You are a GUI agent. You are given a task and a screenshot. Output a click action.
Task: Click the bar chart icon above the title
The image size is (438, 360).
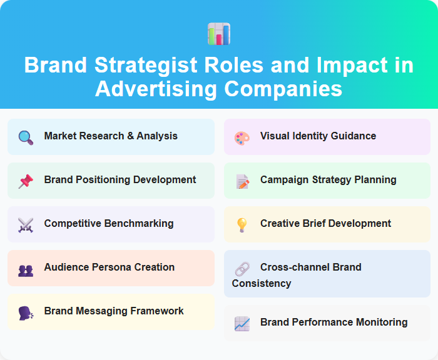point(219,34)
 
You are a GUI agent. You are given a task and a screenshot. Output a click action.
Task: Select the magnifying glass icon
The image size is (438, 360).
point(26,137)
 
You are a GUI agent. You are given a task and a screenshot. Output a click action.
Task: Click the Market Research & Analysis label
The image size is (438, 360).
point(111,136)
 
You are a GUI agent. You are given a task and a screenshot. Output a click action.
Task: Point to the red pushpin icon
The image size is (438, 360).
point(26,181)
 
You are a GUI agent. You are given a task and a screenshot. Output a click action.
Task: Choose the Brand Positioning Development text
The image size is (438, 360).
point(120,180)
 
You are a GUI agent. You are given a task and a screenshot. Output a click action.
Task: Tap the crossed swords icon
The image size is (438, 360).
point(26,224)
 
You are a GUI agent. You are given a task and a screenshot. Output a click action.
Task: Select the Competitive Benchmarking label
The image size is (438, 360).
point(109,224)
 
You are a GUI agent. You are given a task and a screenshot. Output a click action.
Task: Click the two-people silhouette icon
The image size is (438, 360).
point(26,270)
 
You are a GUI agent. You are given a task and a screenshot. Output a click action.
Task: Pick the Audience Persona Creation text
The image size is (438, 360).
point(109,267)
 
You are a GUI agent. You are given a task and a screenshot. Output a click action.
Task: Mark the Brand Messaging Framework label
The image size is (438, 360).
point(114,311)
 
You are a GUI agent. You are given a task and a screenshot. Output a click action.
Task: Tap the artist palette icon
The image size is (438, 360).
point(242,137)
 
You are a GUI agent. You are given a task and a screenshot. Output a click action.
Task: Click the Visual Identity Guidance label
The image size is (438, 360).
point(318,136)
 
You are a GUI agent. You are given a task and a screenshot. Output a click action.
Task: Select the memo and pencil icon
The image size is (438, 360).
point(242,181)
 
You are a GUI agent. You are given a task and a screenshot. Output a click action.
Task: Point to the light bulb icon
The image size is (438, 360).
point(242,225)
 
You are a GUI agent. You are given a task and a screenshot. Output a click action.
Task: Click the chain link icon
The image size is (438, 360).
point(242,269)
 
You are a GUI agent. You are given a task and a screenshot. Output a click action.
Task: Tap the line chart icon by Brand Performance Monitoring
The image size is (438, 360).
point(242,324)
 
